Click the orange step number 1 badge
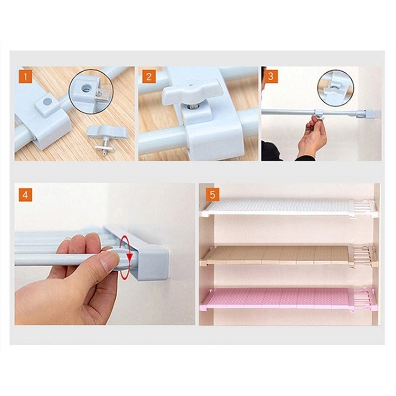[x=25, y=77]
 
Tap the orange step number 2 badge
[x=149, y=77]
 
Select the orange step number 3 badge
[x=271, y=77]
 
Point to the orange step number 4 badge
[x=25, y=195]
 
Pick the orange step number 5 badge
[x=212, y=195]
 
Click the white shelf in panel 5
[x=290, y=208]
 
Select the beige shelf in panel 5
[x=288, y=256]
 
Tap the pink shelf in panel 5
[x=287, y=299]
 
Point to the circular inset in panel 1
[x=91, y=92]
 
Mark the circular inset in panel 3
[x=336, y=88]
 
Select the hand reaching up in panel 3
[x=311, y=136]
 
